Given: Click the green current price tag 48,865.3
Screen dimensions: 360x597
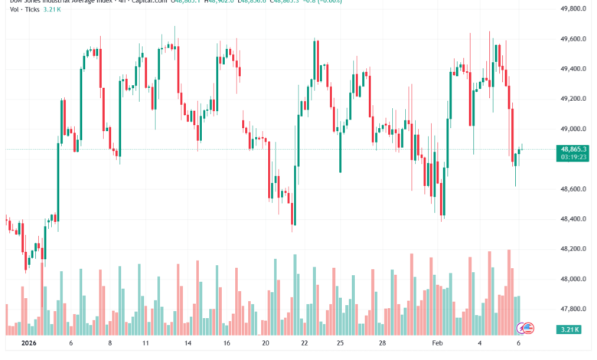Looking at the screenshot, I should coord(573,149).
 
